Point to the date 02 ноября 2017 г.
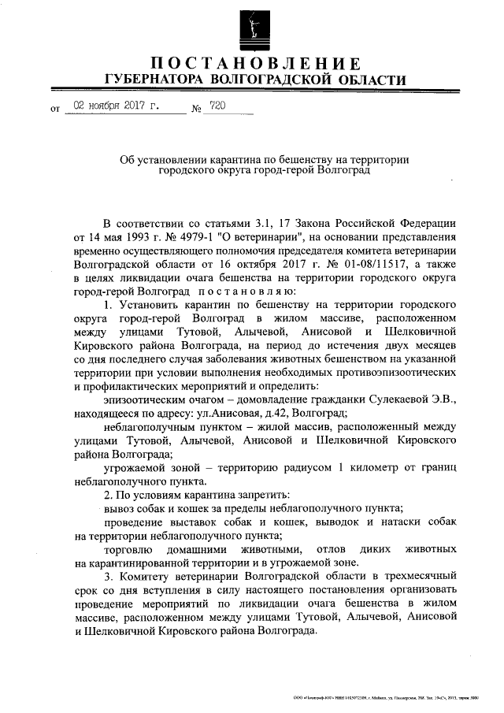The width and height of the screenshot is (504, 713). tap(117, 106)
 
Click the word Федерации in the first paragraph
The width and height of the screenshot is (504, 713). tap(424, 223)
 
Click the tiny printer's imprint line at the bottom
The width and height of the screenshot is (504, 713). tap(386, 699)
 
